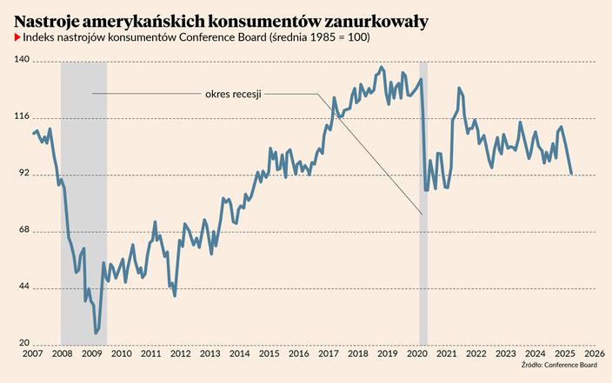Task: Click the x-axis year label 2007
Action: pos(32,353)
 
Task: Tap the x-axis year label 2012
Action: pos(180,353)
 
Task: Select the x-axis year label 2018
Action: pos(357,353)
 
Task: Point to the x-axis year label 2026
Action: pos(595,353)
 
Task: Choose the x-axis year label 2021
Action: pos(447,353)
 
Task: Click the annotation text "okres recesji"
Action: pos(233,94)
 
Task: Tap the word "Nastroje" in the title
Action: pos(45,19)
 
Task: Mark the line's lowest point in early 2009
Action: pos(96,333)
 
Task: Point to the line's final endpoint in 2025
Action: pos(571,175)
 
